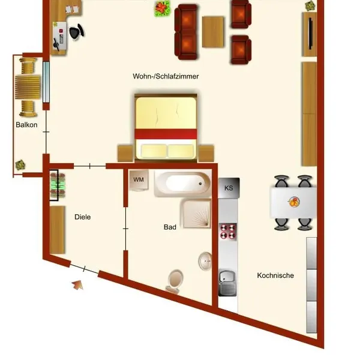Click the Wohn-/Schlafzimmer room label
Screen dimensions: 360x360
[166, 76]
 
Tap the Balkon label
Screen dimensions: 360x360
[26, 125]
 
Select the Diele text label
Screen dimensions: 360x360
[82, 217]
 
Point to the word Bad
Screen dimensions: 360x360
[170, 227]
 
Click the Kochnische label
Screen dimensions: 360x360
[275, 275]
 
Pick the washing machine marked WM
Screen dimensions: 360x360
[139, 180]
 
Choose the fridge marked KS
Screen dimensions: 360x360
[229, 188]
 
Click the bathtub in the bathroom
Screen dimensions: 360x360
[183, 184]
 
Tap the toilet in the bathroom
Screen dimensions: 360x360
[175, 281]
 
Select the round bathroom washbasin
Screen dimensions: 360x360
[205, 261]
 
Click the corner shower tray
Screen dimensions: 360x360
[196, 214]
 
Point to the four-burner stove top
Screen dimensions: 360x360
[228, 232]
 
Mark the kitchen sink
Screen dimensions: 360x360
[227, 283]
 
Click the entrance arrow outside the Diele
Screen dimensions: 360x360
[77, 285]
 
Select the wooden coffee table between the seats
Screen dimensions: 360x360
[213, 32]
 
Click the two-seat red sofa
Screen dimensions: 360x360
[186, 32]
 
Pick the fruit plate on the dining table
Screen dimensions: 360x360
[293, 202]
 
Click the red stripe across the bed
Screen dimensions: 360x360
[166, 134]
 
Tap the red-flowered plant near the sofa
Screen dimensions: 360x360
[163, 8]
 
